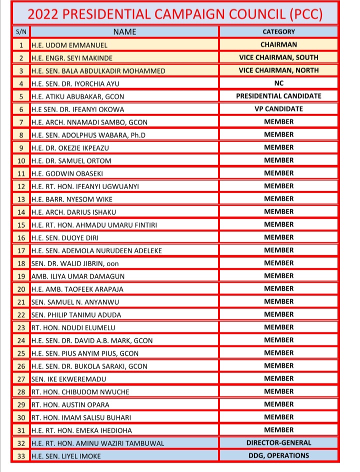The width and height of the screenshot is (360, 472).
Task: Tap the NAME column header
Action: click(124, 32)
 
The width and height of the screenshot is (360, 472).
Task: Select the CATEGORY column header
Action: click(278, 32)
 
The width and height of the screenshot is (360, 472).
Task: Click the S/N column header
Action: click(21, 32)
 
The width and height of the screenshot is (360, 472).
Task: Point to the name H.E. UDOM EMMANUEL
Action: click(69, 45)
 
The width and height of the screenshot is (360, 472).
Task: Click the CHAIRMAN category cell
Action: click(278, 45)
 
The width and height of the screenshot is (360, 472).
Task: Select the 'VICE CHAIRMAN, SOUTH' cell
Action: click(278, 58)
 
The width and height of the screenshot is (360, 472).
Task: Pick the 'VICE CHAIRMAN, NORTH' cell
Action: click(278, 71)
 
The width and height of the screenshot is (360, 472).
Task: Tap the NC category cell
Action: click(278, 83)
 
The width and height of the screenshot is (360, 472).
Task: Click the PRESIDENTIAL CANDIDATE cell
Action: click(278, 96)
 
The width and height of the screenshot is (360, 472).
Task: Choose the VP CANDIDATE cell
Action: click(278, 109)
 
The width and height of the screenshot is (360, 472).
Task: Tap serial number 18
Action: click(21, 263)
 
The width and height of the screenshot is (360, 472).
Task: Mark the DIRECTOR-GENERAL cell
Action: click(278, 443)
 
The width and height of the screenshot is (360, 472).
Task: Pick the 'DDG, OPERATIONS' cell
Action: click(278, 455)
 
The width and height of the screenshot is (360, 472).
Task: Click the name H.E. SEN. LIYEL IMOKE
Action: click(68, 456)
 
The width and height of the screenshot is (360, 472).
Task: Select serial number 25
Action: click(21, 353)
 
